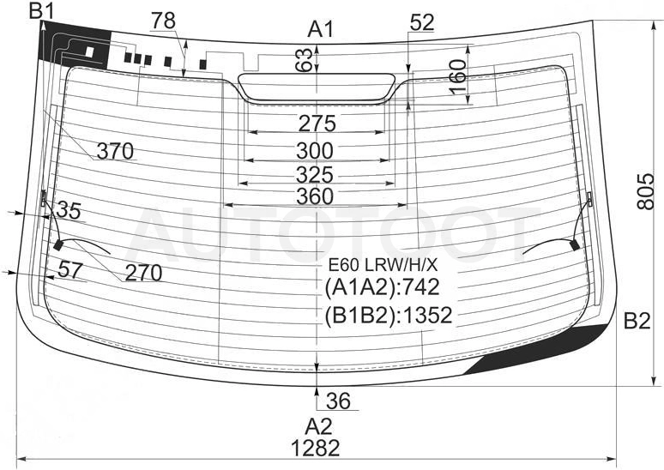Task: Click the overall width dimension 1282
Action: coord(316,448)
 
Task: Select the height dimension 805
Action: coord(646,191)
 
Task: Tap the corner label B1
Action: coord(41,10)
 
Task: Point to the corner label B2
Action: coord(637,322)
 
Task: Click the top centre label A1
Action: coord(321,30)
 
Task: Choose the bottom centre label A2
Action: coord(319,426)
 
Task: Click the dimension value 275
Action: coord(317,124)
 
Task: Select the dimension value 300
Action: coord(315,151)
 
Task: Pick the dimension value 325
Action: coord(315,174)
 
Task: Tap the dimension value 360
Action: coord(315,196)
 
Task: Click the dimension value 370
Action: coord(115,151)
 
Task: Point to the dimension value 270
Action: coord(143,273)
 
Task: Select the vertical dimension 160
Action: coord(457,77)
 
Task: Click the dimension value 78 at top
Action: coord(164,21)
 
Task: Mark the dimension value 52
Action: coord(422,23)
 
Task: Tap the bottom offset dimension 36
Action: coord(339,401)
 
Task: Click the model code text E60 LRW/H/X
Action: coord(383,265)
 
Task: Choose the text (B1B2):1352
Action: coord(389,316)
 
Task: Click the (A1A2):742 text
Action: coord(382,288)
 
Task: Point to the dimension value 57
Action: coord(69,269)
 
